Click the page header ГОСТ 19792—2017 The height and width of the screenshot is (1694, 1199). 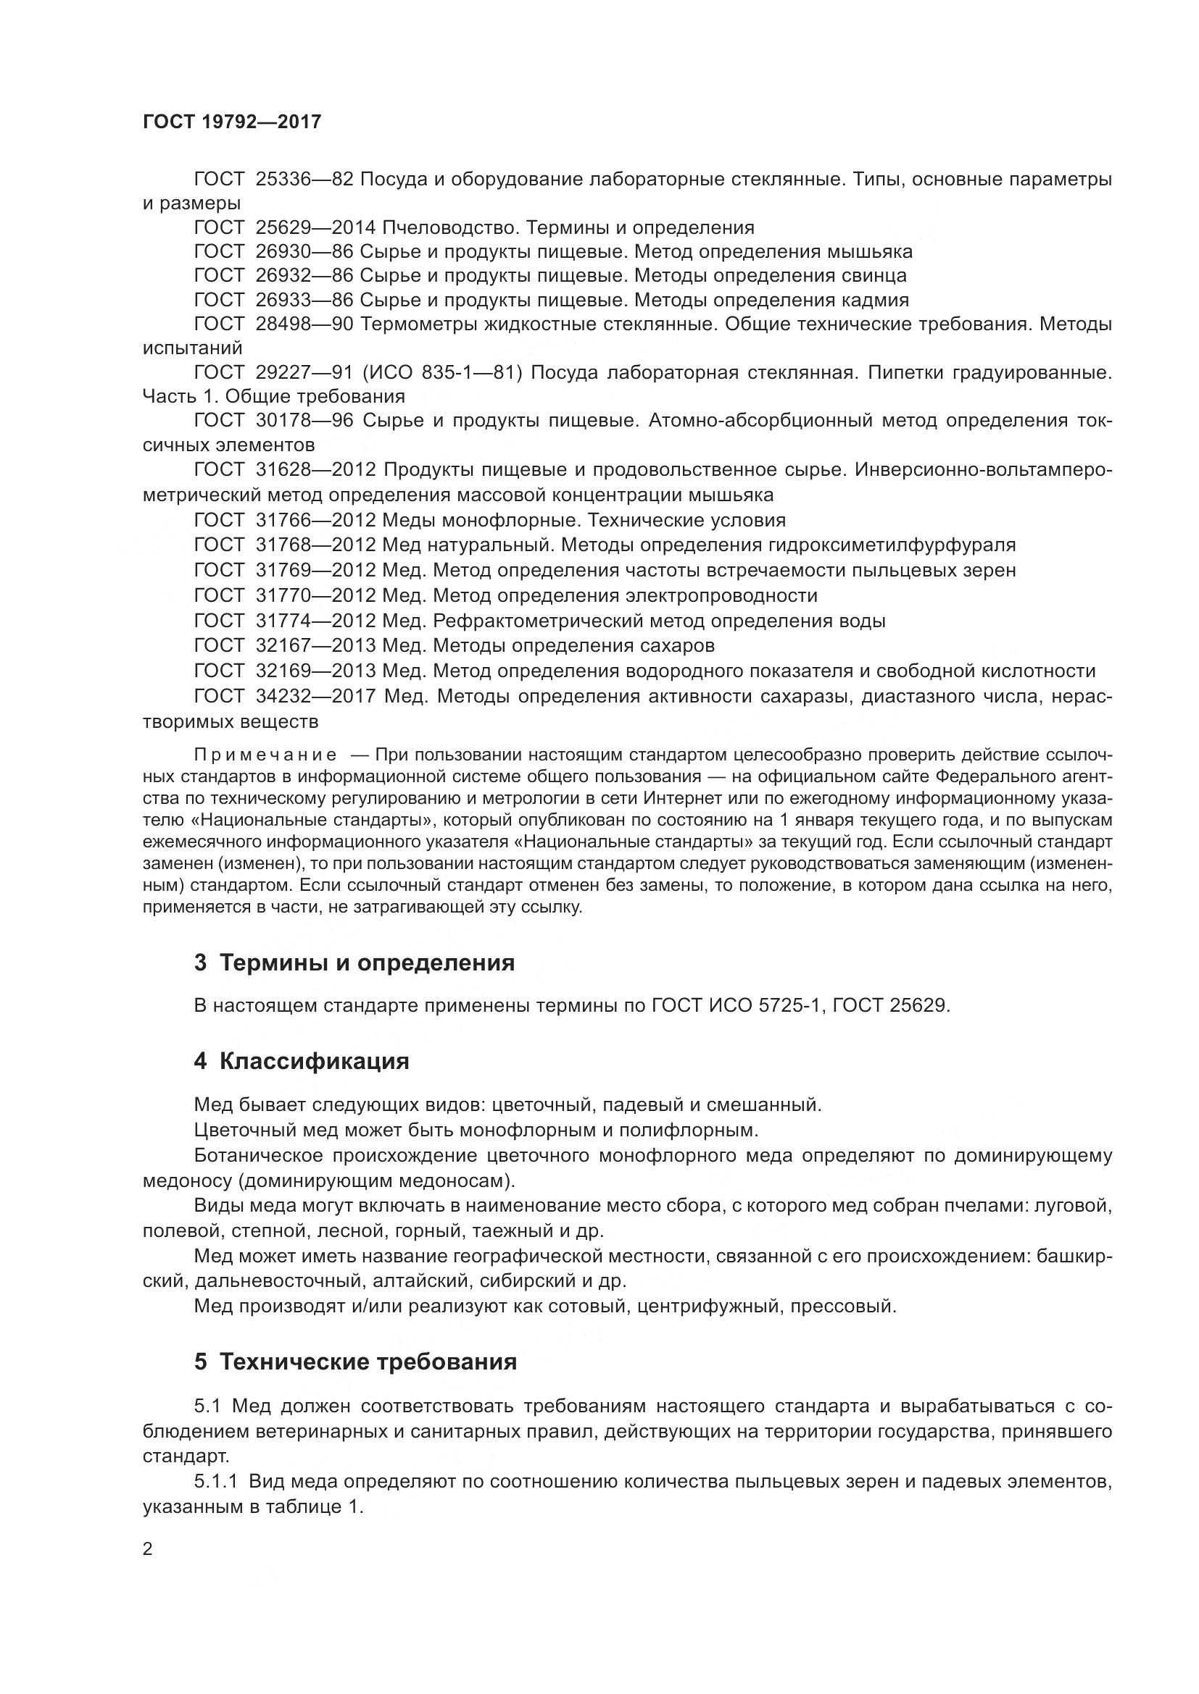tap(232, 122)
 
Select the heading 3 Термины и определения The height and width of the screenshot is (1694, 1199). tap(354, 962)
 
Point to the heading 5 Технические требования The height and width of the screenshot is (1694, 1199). tap(355, 1362)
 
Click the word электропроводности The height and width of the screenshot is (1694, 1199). tap(721, 595)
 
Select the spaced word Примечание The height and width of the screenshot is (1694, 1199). tap(265, 755)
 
